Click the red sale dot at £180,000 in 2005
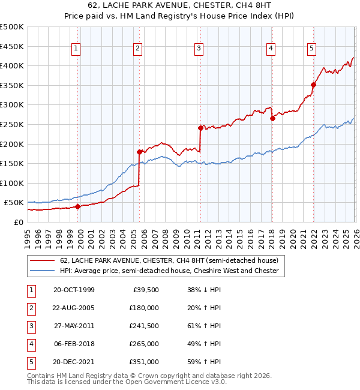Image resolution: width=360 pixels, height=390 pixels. [x=139, y=152]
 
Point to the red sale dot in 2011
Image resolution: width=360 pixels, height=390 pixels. [x=200, y=128]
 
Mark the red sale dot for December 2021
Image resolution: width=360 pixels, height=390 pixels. [x=313, y=85]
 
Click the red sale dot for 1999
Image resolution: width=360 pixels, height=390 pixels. [x=78, y=206]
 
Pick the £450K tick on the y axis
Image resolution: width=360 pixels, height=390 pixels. [x=12, y=46]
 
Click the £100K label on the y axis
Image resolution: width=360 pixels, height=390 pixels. [x=12, y=183]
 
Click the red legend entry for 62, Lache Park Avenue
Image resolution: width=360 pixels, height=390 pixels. [x=169, y=261]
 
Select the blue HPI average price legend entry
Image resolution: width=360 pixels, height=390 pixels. [x=169, y=271]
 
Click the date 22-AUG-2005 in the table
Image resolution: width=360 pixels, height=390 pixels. [x=74, y=308]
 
